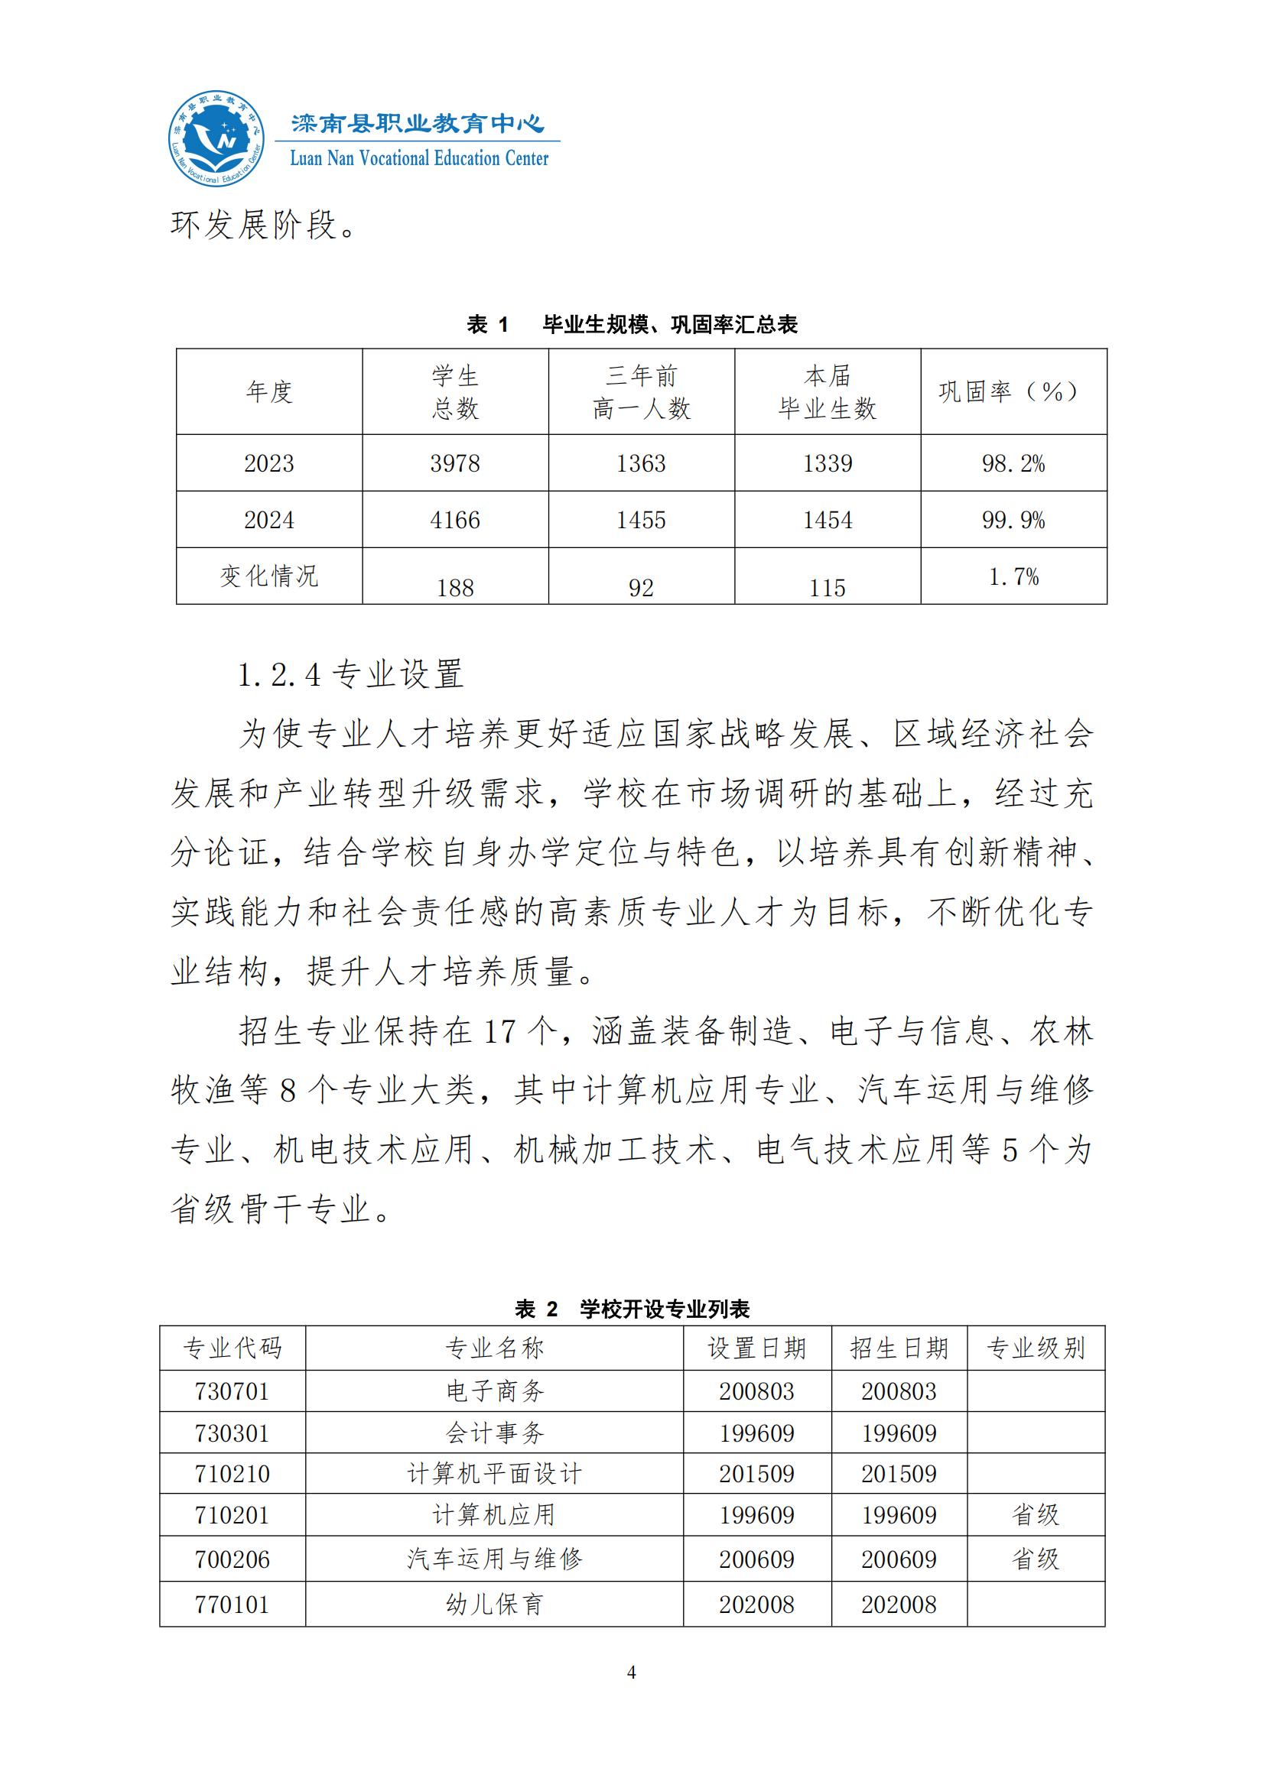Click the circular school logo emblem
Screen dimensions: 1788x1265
[216, 138]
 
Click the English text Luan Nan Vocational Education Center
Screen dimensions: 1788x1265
[419, 159]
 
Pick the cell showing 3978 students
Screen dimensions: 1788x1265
[455, 463]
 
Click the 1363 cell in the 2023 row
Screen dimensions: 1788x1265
[641, 463]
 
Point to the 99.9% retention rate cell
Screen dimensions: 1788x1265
[1013, 521]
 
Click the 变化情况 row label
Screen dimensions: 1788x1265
[268, 576]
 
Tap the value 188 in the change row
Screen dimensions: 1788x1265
[455, 588]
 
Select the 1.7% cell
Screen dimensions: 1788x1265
[1013, 577]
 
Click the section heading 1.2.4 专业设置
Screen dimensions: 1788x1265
[350, 674]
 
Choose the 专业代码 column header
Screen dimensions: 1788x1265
[233, 1348]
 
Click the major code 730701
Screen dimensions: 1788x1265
[233, 1390]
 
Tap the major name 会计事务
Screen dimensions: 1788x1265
[495, 1433]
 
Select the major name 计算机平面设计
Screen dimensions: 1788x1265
[495, 1473]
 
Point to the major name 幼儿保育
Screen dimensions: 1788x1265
[495, 1605]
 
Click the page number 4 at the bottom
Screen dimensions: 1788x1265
[632, 1673]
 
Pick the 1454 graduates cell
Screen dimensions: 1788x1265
[828, 521]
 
